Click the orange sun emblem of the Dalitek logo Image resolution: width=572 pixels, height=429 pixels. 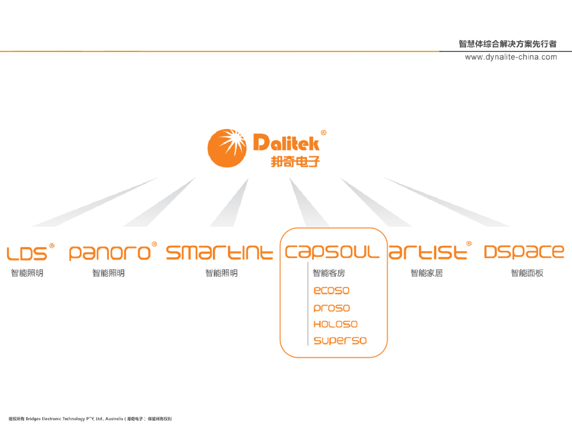[x=227, y=148]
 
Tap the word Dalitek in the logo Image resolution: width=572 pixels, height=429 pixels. [x=286, y=142]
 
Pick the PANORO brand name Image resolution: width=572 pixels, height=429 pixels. [x=109, y=253]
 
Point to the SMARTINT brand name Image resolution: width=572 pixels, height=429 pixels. [x=220, y=253]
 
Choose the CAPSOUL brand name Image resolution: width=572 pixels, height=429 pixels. [x=332, y=253]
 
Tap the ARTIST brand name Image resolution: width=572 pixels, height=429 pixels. [x=427, y=253]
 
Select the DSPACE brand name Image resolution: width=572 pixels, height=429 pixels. [x=523, y=253]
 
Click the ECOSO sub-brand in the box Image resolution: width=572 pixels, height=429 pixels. [x=331, y=290]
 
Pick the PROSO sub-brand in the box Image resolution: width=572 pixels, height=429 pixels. [x=331, y=308]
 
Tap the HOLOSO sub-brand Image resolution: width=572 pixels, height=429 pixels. [x=335, y=324]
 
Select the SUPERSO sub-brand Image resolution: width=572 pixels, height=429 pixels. [x=340, y=341]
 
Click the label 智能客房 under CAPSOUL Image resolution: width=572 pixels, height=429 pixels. [x=328, y=273]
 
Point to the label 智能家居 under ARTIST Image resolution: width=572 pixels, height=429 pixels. [x=426, y=273]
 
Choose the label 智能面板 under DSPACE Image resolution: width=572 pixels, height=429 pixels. [x=527, y=273]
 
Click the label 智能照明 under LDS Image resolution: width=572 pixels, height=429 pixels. [x=27, y=273]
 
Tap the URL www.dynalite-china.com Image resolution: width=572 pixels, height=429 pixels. [x=511, y=57]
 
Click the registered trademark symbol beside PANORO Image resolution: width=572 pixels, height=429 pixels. [x=154, y=244]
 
